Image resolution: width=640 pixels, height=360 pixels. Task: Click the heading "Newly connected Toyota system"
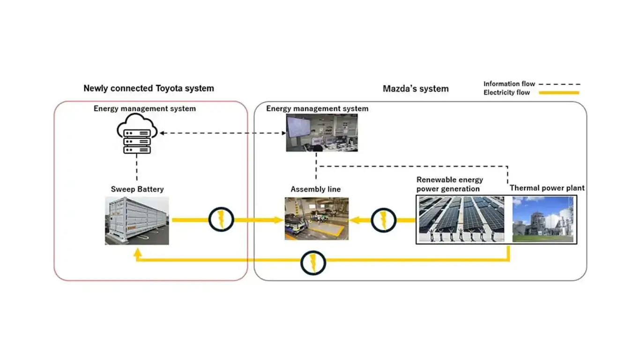tap(149, 88)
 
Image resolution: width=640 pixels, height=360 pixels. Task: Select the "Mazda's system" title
tap(416, 89)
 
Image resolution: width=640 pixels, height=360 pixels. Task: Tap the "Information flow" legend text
tap(509, 84)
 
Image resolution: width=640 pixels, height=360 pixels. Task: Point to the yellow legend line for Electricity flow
tap(559, 93)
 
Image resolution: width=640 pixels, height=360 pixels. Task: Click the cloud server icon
tap(137, 134)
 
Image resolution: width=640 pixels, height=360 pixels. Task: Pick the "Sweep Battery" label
tap(137, 189)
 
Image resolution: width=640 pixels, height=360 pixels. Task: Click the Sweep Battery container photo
tap(137, 220)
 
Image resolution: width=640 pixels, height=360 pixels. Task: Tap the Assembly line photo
tap(317, 218)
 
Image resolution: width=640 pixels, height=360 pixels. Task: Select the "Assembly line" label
tap(316, 189)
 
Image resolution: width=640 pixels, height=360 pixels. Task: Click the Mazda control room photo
tap(322, 133)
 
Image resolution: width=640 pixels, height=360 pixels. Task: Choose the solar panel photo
tap(461, 219)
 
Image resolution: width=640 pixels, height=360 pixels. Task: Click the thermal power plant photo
tap(543, 219)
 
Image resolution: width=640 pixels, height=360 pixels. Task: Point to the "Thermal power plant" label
tap(547, 188)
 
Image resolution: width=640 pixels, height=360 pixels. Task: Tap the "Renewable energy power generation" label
tap(450, 184)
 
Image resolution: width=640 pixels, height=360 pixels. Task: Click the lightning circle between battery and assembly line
tap(221, 219)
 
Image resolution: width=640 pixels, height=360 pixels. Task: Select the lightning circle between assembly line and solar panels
tap(383, 220)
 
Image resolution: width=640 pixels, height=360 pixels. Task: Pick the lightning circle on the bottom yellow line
tap(313, 263)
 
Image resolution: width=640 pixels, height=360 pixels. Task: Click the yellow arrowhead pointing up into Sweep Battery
tap(138, 253)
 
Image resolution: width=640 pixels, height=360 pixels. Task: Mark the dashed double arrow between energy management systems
tap(223, 133)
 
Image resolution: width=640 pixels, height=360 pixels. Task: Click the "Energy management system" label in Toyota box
tap(145, 109)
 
